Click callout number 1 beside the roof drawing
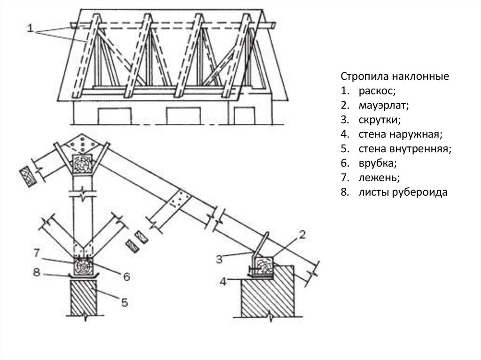(30, 29)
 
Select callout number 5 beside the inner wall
(124, 303)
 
